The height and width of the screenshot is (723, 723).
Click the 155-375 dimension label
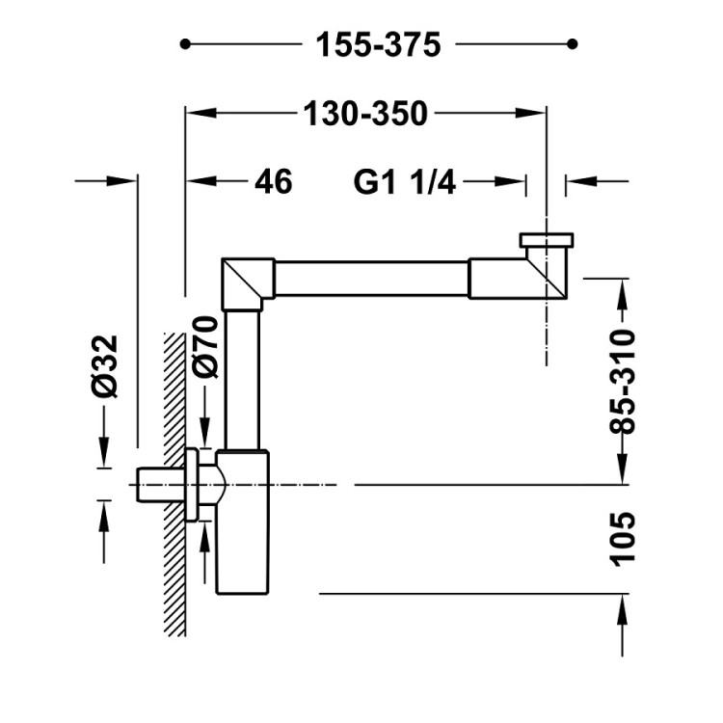coord(378,44)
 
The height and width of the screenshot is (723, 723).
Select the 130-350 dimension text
coord(365,114)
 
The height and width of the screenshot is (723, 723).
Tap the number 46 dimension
coord(274,181)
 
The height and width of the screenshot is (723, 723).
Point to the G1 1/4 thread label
coord(404,181)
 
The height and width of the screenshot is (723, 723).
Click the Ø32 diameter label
coord(105,366)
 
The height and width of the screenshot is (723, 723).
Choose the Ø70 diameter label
coord(205,347)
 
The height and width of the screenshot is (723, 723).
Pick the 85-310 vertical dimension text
coord(623,382)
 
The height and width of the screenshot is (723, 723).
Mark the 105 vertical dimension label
coord(623,539)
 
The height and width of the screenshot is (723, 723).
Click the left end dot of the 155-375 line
coord(185,44)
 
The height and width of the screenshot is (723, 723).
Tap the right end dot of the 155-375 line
coord(573,44)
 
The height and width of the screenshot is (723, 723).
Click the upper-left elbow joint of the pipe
coord(248,284)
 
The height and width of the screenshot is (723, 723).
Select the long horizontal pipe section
coord(372,279)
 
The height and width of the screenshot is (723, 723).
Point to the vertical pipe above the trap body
coord(242,380)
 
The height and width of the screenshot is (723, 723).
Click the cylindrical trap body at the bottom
coord(243,522)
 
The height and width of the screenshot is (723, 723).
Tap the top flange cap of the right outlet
coord(547,240)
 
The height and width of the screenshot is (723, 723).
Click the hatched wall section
coord(174,484)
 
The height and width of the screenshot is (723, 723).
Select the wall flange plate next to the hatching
coord(192,485)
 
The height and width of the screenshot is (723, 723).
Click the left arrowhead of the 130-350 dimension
coord(201,114)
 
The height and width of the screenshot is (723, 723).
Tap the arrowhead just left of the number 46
coord(201,181)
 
